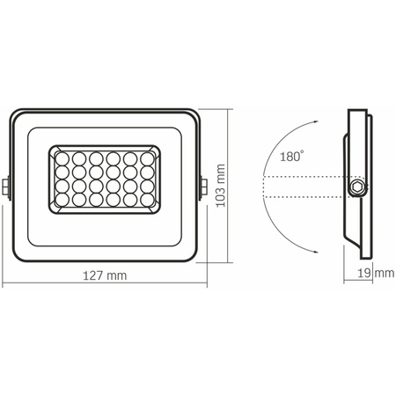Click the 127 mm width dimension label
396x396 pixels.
tap(105, 275)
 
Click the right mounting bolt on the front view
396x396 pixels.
tap(204, 187)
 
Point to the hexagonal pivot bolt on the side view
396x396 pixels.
tap(356, 187)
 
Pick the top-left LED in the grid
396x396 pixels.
tap(63, 158)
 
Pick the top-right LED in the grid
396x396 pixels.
tap(145, 158)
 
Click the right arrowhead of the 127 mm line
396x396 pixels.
tap(204, 284)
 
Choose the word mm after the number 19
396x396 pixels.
tap(384, 275)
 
